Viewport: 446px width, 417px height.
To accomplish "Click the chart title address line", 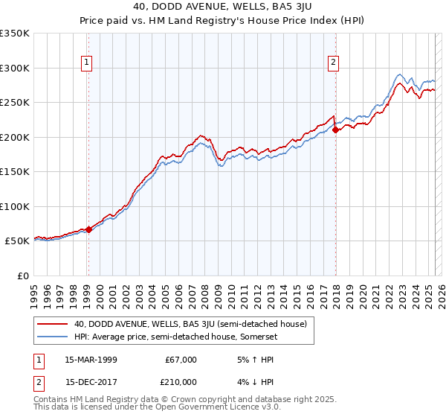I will click(222, 8).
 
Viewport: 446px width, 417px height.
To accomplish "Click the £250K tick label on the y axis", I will click(15, 103).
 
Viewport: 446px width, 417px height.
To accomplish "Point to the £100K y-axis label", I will click(15, 206).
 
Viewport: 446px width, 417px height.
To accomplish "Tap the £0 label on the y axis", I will click(22, 276).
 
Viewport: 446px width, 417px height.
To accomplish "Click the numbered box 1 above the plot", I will click(88, 63).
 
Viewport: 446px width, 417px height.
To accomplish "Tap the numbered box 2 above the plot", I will click(334, 63).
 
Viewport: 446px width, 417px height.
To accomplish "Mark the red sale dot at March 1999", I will click(88, 229).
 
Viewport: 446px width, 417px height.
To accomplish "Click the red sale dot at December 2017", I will click(335, 130).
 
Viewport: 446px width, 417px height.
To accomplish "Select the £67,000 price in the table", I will click(181, 360).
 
